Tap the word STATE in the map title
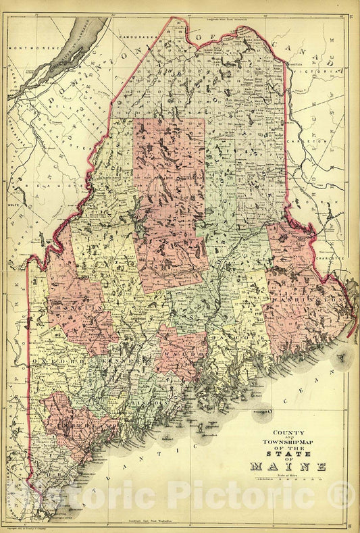pyautogui.click(x=288, y=451)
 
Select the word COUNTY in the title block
pyautogui.click(x=288, y=433)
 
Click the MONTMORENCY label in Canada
pyautogui.click(x=31, y=49)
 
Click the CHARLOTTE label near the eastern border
pyautogui.click(x=331, y=258)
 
